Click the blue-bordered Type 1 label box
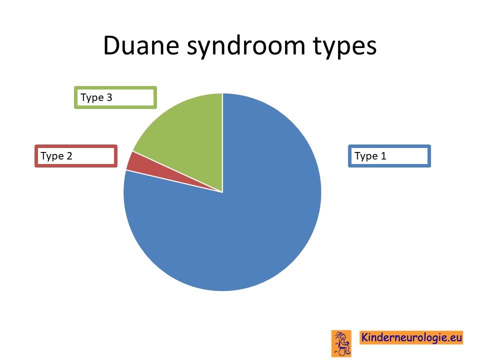pos(389,156)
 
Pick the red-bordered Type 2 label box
pos(76,156)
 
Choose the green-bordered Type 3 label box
pos(115,97)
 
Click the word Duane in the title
pos(141,45)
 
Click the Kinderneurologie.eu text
pos(411,337)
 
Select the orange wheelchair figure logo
pos(341,343)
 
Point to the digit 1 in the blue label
pos(383,156)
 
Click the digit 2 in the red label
pos(69,156)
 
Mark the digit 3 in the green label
pos(109,97)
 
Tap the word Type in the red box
pos(52,156)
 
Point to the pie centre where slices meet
pos(222,192)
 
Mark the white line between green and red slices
pos(177,171)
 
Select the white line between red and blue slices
pos(174,181)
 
